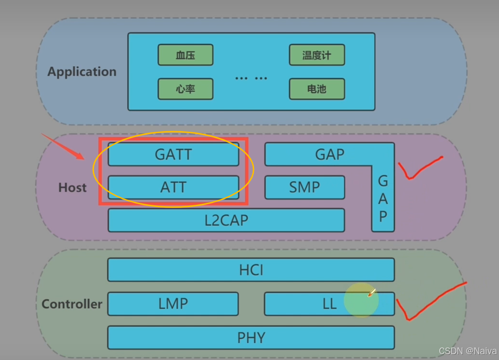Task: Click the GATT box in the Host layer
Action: point(173,154)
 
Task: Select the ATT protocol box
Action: point(173,187)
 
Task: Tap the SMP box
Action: point(304,187)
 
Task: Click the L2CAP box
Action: point(226,220)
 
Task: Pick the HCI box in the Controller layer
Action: point(251,270)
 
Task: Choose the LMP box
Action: point(173,304)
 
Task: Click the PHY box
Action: point(251,337)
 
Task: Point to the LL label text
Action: point(329,304)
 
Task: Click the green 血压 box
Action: point(185,55)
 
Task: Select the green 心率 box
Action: point(185,89)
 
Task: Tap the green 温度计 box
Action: point(316,55)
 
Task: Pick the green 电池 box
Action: point(316,89)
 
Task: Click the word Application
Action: point(82,72)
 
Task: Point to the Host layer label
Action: point(73,187)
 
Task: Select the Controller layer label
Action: point(72,304)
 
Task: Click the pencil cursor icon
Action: point(371,292)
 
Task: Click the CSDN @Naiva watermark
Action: point(467,351)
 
